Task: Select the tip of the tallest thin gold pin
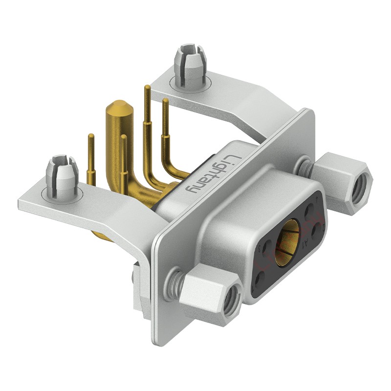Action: point(147,88)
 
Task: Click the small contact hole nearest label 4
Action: point(261,278)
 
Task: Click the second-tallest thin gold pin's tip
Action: point(165,102)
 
